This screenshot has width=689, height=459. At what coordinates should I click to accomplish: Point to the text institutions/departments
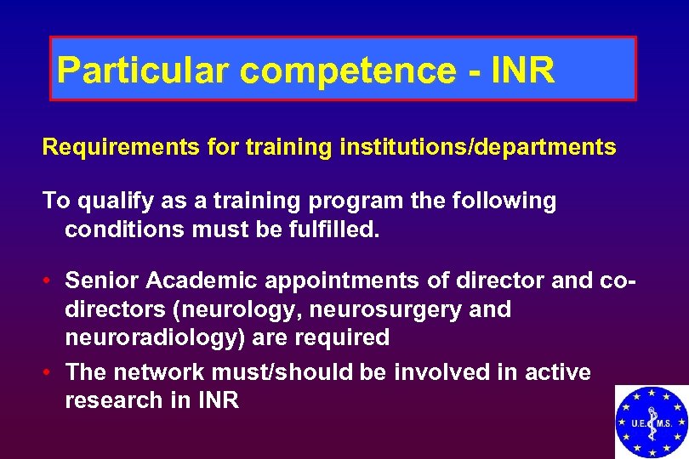[x=477, y=147]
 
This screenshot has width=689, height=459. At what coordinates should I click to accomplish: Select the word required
[x=342, y=338]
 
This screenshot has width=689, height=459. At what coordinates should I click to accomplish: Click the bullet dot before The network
[x=50, y=372]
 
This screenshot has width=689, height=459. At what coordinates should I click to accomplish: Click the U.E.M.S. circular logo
[x=652, y=422]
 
